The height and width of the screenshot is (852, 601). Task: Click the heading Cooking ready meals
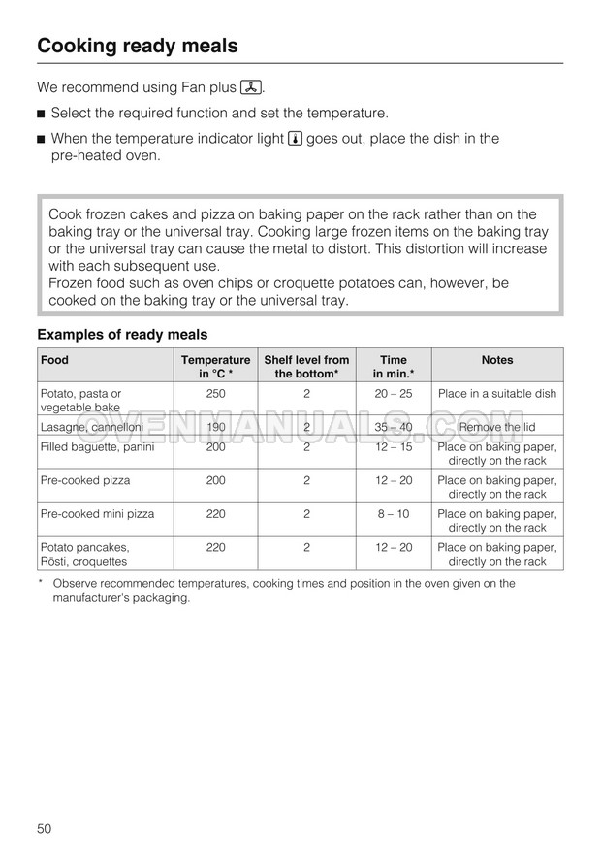tap(137, 46)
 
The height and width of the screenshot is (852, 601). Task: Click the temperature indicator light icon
tap(296, 139)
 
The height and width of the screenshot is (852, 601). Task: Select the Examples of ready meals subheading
tap(122, 335)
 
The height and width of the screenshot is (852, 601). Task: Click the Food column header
tap(54, 360)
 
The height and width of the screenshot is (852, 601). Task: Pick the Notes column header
tap(496, 360)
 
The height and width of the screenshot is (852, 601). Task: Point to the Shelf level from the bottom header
tap(306, 367)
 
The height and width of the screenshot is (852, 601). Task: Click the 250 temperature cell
tap(215, 394)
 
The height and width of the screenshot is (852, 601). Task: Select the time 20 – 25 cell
tap(393, 394)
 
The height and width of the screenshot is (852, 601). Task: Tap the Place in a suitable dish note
tap(496, 394)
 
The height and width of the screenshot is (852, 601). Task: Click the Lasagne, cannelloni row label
tap(91, 427)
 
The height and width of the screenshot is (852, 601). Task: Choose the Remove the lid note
tap(496, 427)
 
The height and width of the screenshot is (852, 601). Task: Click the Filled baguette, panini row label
tap(97, 447)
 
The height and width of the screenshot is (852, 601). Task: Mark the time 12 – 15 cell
tap(393, 447)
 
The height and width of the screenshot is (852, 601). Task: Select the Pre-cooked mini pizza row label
tap(97, 514)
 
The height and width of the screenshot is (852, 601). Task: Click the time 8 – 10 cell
tap(393, 514)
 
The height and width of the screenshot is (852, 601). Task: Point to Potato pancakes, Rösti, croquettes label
tap(85, 554)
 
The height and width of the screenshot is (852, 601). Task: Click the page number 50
tap(45, 828)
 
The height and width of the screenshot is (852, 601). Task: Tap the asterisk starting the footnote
tap(41, 583)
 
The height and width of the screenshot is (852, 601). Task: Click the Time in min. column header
tap(393, 367)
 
